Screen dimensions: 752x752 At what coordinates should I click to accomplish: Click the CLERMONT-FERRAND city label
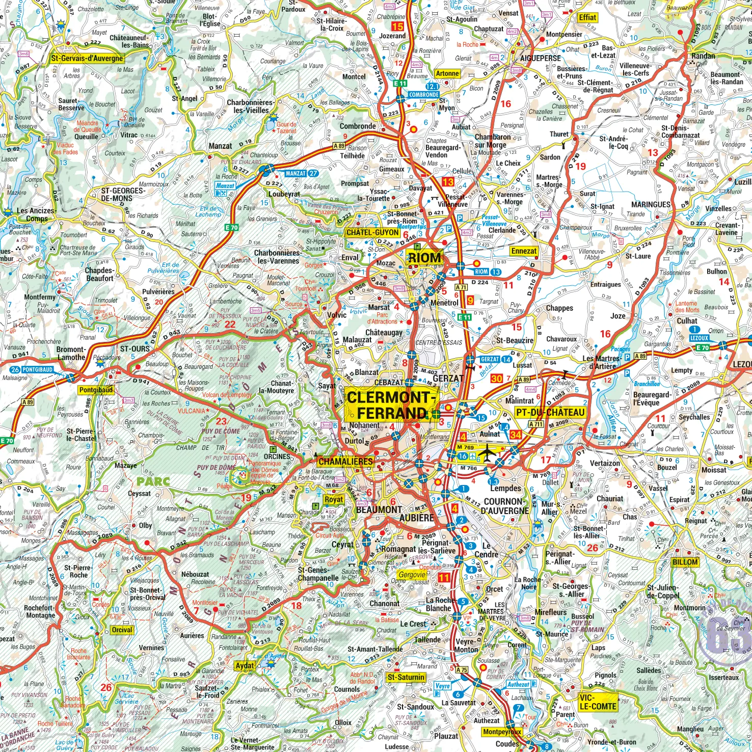tap(391, 405)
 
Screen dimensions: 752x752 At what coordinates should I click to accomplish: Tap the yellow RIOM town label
tap(424, 258)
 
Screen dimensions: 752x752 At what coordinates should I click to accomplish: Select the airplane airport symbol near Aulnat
tap(487, 452)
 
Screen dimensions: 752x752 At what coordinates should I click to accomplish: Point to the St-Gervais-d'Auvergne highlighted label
tap(87, 58)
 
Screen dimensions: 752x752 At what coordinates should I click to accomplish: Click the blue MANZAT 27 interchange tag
tap(301, 173)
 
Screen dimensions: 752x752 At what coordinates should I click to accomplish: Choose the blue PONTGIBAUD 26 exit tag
tap(32, 369)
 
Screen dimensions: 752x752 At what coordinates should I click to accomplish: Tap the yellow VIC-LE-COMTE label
tap(597, 702)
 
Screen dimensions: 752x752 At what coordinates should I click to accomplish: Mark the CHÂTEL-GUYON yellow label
tap(372, 232)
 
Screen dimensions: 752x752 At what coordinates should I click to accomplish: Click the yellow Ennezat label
tap(524, 251)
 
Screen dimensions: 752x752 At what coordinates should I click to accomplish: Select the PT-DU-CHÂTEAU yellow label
tap(550, 412)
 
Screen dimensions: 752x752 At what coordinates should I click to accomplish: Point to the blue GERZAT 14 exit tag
tap(496, 359)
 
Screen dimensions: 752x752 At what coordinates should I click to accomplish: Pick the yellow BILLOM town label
tap(685, 562)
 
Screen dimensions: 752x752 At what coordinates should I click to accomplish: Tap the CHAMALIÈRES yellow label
tap(345, 462)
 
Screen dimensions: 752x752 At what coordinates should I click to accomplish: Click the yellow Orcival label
tap(122, 630)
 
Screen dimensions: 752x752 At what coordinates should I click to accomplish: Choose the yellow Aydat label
tap(245, 665)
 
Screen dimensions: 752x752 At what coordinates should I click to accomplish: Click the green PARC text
tap(153, 481)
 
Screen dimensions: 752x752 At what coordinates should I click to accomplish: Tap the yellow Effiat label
tap(587, 17)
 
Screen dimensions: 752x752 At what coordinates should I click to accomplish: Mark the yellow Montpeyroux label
tap(502, 732)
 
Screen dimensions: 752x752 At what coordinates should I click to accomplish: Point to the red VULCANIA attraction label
tap(191, 411)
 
